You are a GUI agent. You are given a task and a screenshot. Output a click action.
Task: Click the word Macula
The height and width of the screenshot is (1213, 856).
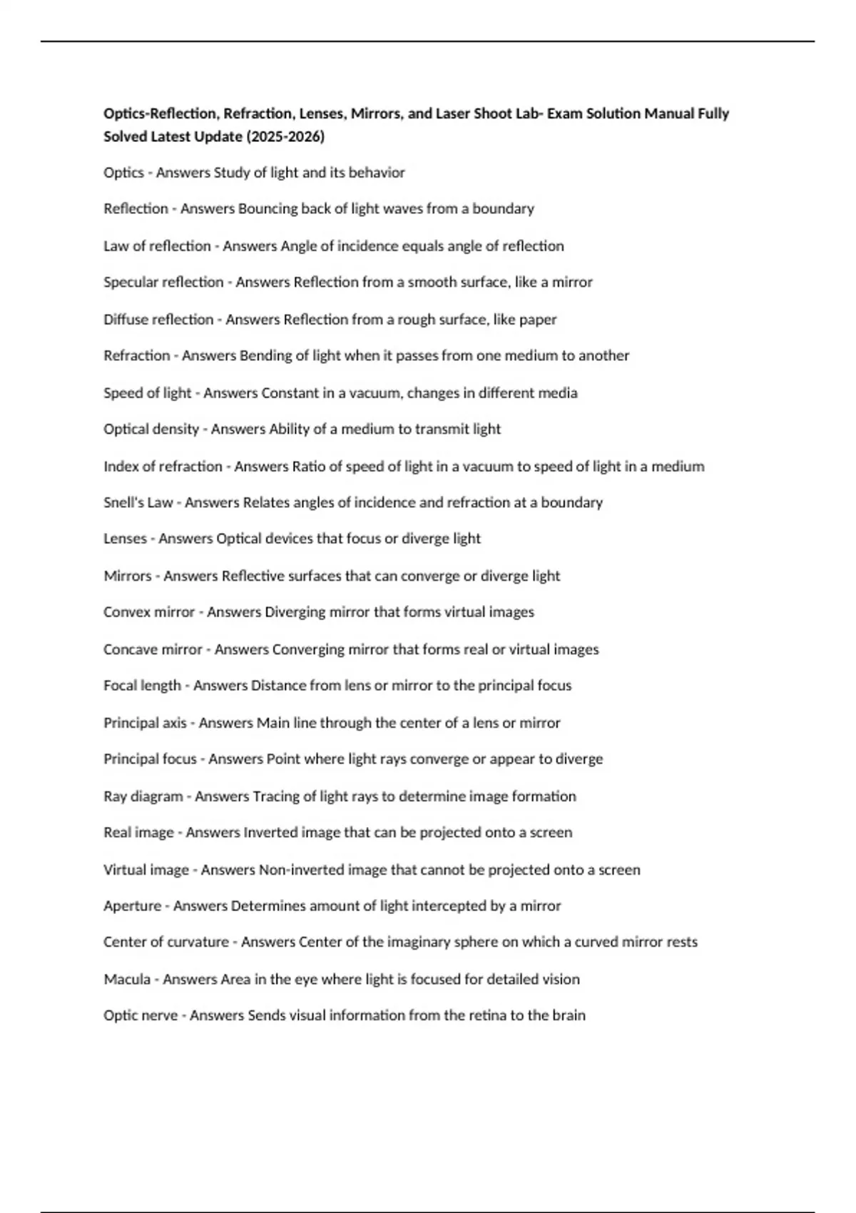pos(126,979)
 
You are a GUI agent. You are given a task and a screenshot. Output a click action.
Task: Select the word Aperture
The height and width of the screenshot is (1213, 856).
pos(132,906)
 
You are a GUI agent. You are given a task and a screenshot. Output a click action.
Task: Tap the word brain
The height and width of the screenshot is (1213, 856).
pos(569,1015)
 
